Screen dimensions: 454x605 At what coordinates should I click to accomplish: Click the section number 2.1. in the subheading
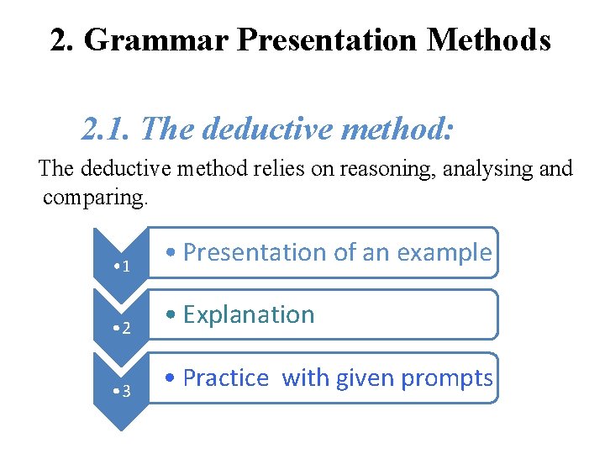coord(107,129)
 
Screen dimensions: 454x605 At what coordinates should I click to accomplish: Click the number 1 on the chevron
coord(125,267)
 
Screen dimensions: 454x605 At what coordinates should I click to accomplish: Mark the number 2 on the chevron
coord(125,328)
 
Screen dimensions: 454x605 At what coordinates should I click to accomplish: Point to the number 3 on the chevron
coord(125,391)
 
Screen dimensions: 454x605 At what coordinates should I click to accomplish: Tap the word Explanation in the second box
coord(249,315)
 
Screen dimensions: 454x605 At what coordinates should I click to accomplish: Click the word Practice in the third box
coord(225,378)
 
